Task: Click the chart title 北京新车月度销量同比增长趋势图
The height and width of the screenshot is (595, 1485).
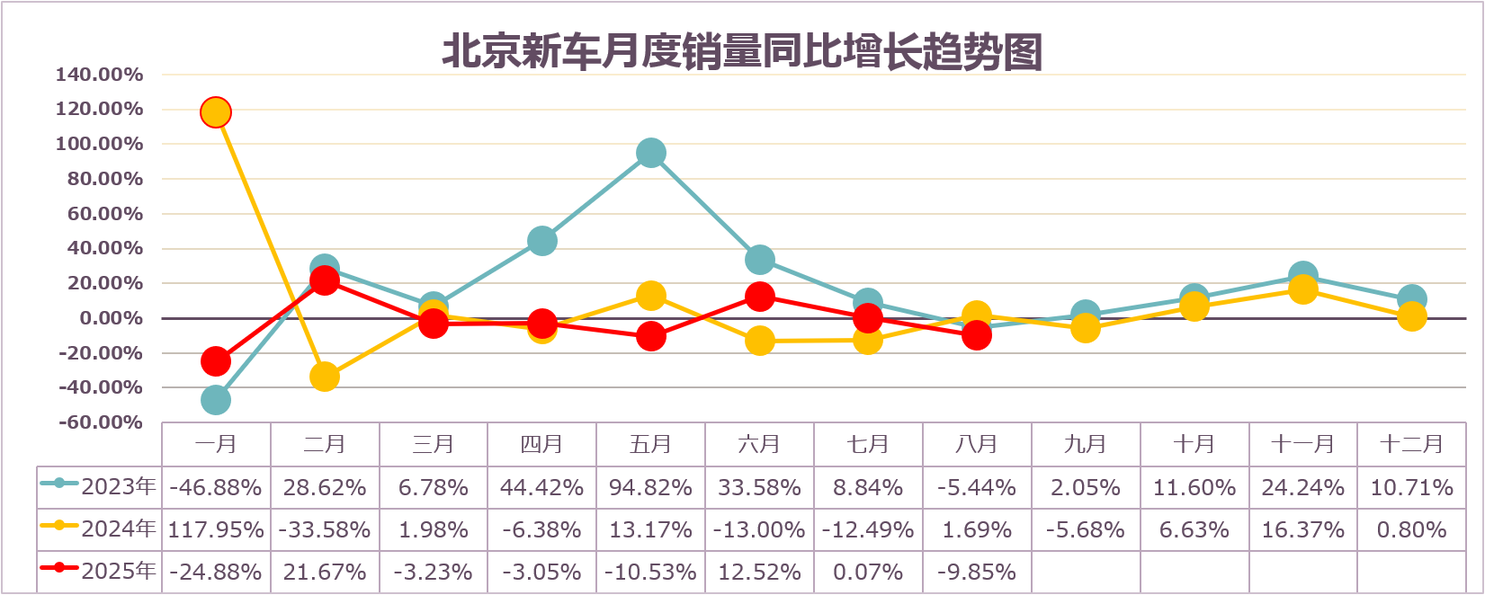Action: click(742, 51)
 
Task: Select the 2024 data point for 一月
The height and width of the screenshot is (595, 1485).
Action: click(215, 112)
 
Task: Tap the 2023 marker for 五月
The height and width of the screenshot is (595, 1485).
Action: click(650, 153)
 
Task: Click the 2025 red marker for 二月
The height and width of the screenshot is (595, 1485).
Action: click(324, 280)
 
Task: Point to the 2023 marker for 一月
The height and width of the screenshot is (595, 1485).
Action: click(215, 400)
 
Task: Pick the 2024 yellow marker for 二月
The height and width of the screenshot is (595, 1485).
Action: click(324, 377)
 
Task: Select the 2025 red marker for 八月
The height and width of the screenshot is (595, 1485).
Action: click(976, 335)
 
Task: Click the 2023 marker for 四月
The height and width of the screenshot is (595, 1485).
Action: click(541, 241)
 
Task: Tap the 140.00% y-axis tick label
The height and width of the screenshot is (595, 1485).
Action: click(99, 75)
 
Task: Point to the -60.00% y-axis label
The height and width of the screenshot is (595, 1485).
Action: click(99, 422)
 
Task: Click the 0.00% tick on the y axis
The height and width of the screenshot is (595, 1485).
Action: click(111, 318)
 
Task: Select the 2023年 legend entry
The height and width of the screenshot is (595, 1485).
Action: click(99, 487)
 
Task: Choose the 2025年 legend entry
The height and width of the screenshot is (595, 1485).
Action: click(99, 572)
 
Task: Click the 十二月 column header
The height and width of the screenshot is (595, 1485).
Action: click(1411, 444)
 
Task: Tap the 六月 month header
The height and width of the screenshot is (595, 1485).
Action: click(759, 444)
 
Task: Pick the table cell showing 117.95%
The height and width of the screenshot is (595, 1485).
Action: click(216, 530)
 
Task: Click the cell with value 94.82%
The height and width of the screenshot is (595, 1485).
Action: click(650, 488)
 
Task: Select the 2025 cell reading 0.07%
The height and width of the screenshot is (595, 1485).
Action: click(868, 573)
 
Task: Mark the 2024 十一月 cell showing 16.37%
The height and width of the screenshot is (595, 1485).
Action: click(1302, 530)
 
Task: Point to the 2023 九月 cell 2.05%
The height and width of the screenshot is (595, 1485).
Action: click(1085, 488)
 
